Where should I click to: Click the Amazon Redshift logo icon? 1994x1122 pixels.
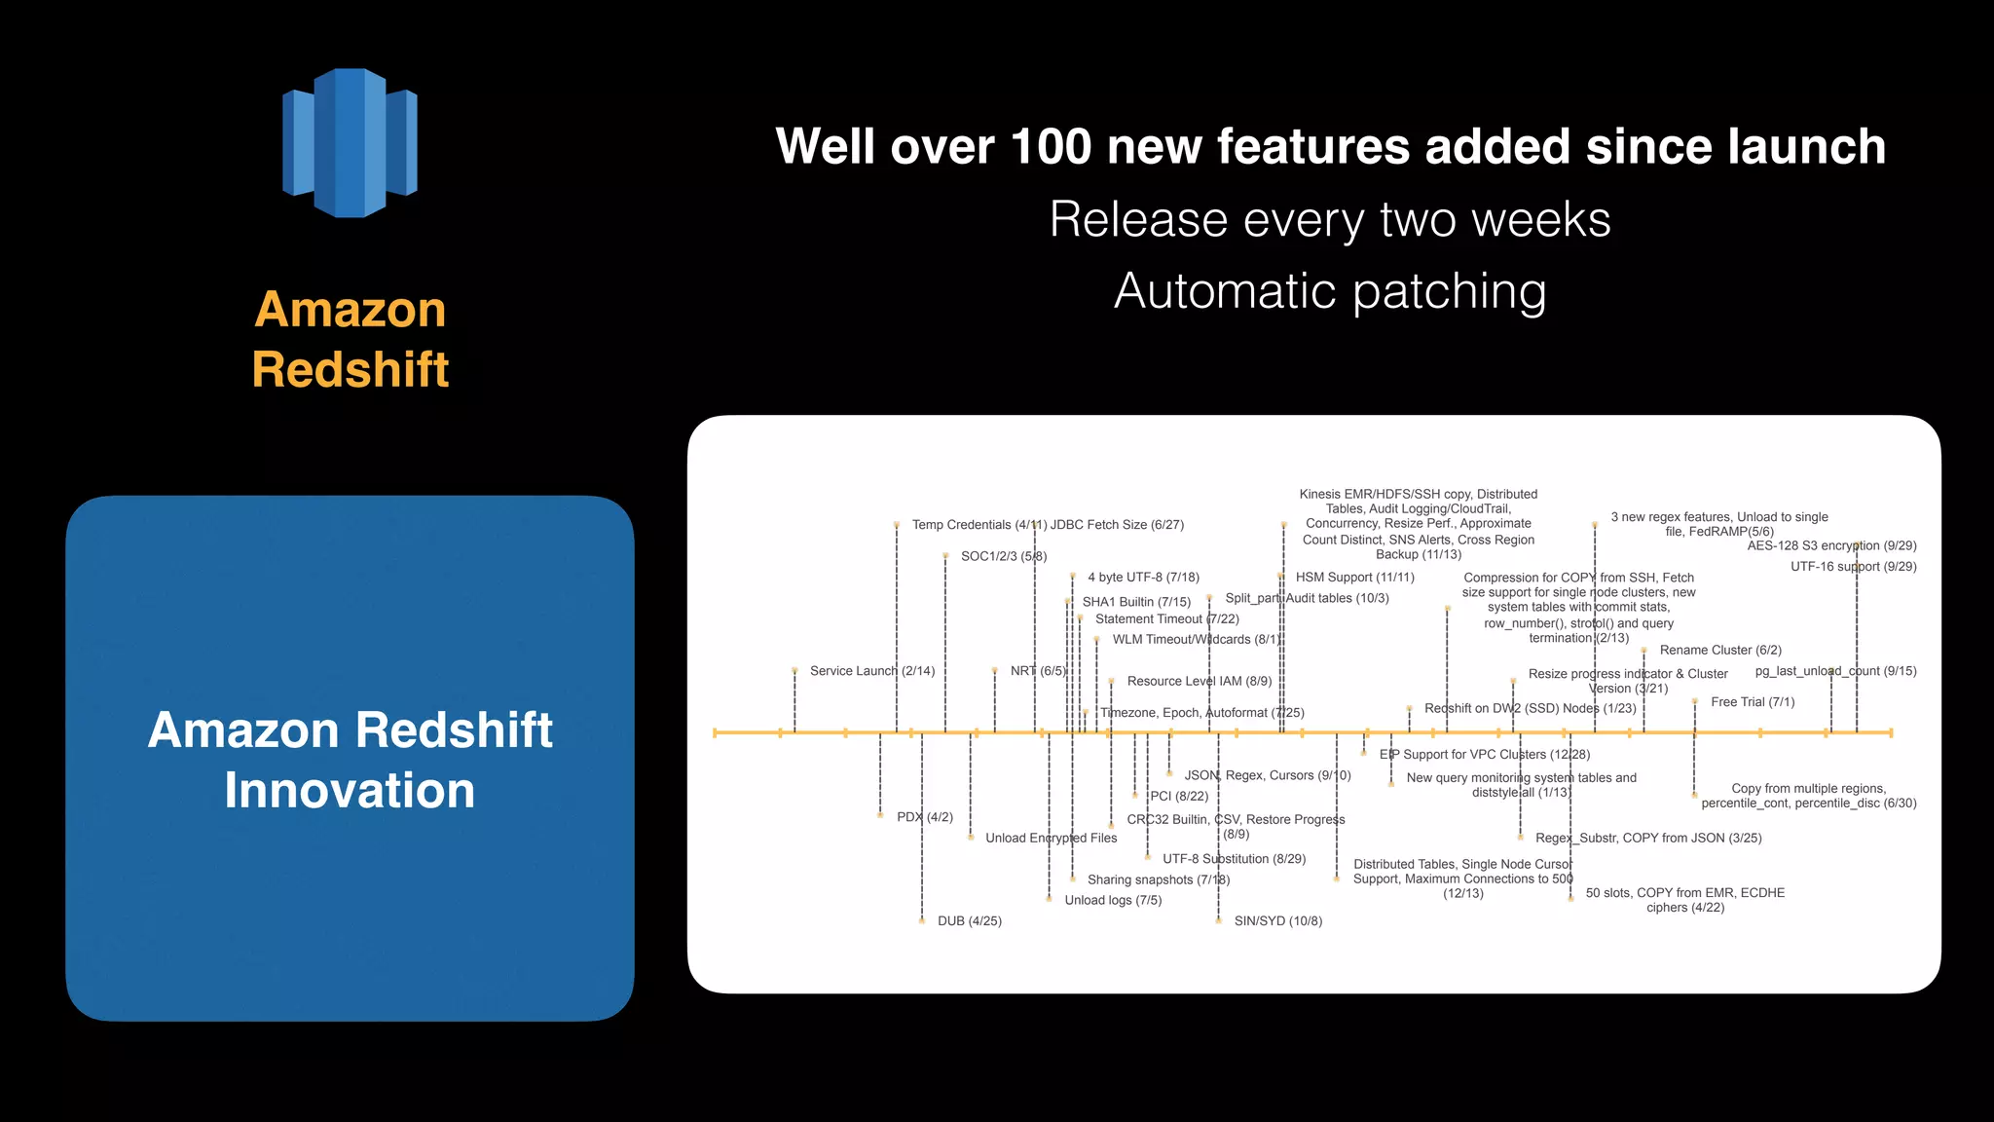click(x=350, y=142)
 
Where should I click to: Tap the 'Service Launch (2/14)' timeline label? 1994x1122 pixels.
click(x=871, y=671)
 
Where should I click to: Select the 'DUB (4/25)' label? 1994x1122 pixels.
click(x=969, y=921)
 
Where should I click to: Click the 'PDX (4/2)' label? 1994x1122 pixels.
click(x=925, y=817)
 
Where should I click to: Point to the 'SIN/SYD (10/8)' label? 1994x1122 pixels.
click(x=1277, y=921)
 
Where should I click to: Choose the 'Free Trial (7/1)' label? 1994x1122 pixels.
click(x=1753, y=702)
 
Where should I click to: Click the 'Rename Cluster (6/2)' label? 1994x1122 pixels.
click(x=1720, y=650)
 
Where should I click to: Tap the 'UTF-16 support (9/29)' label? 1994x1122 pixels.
click(x=1853, y=567)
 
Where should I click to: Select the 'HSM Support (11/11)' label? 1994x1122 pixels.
click(x=1354, y=578)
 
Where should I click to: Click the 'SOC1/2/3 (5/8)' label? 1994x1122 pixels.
click(x=1003, y=556)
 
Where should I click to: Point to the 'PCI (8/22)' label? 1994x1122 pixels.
click(x=1179, y=797)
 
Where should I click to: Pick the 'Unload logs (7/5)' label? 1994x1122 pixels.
click(x=1113, y=900)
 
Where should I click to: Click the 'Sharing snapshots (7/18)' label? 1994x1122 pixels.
click(x=1159, y=879)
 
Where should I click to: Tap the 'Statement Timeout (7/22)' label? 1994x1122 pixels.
click(x=1166, y=619)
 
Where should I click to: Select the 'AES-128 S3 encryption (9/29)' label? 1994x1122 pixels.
click(x=1831, y=546)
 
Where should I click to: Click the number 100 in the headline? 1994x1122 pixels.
click(x=1051, y=147)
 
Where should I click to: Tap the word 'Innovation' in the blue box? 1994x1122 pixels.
click(x=350, y=790)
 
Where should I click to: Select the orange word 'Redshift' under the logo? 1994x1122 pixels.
click(x=351, y=370)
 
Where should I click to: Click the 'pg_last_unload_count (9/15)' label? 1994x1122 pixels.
click(x=1835, y=671)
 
